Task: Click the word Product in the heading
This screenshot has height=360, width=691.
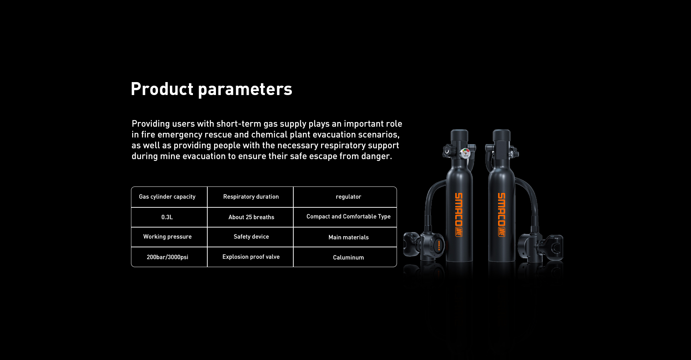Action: click(x=162, y=89)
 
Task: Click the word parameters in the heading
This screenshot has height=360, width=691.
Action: click(x=245, y=90)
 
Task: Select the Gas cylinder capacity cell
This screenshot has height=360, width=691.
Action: click(x=169, y=197)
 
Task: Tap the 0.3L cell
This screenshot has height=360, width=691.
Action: click(x=169, y=217)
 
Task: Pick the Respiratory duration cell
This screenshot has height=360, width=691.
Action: click(x=250, y=197)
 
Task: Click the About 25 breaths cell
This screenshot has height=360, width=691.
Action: click(x=250, y=217)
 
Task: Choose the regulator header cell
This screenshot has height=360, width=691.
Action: click(x=345, y=197)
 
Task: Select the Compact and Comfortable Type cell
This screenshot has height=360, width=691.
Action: click(x=345, y=217)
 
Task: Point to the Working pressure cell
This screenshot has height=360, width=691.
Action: click(x=169, y=237)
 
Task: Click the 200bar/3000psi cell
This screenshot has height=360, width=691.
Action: click(x=169, y=257)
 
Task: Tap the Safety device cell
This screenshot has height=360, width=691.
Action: click(x=250, y=237)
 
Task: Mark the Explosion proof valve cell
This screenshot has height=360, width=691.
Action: click(x=250, y=257)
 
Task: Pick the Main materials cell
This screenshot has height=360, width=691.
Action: click(x=345, y=237)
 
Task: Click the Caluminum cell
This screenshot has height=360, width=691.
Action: click(x=345, y=257)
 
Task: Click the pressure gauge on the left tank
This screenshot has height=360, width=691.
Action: click(x=466, y=153)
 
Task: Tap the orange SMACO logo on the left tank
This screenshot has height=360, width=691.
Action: click(x=459, y=215)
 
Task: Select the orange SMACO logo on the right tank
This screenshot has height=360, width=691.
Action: click(x=501, y=215)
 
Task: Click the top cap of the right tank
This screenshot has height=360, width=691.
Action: click(x=502, y=136)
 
